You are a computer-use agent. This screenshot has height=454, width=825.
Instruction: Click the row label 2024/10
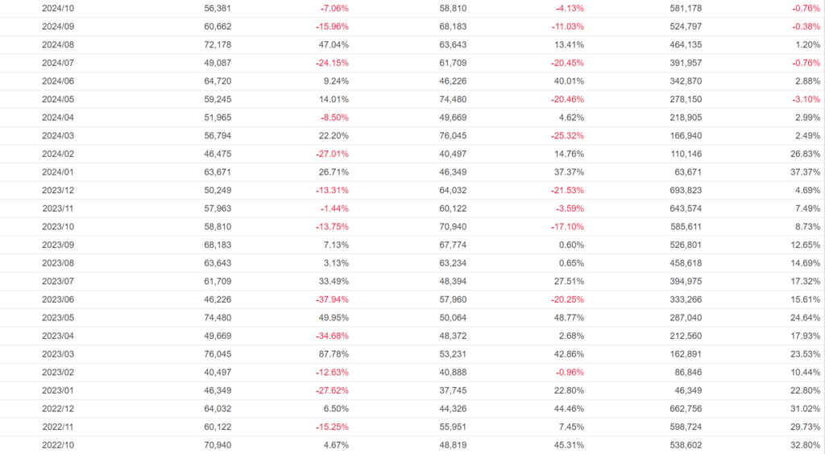click(58, 8)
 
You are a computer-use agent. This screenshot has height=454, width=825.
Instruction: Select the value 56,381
click(218, 8)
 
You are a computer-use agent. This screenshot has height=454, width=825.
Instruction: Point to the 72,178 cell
click(218, 44)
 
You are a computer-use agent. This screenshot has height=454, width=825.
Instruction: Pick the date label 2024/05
click(58, 99)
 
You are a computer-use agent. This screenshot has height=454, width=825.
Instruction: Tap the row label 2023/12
click(58, 190)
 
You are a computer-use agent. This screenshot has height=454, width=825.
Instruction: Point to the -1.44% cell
click(334, 208)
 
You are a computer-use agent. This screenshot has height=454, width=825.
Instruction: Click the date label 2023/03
click(58, 353)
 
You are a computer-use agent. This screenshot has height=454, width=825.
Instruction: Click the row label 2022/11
click(58, 427)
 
